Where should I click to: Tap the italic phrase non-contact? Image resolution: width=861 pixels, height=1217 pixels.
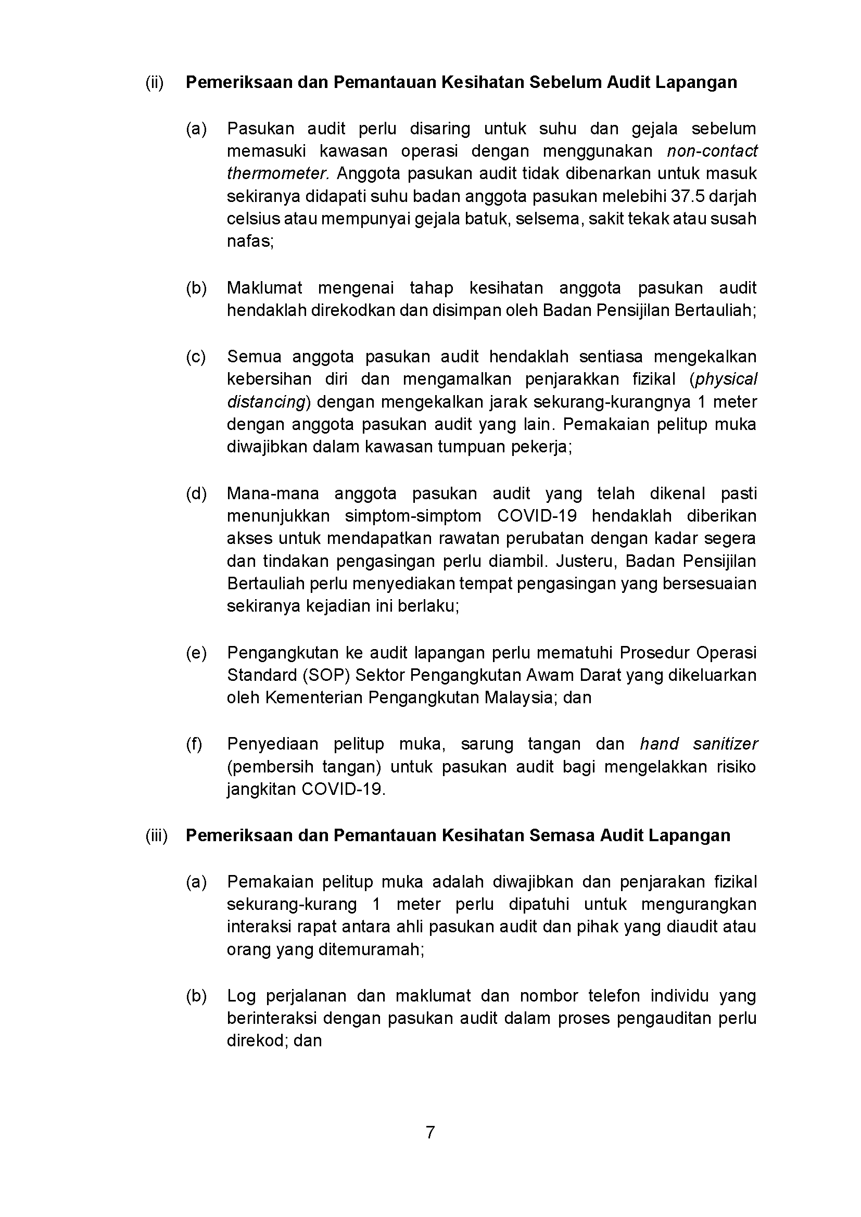click(x=712, y=151)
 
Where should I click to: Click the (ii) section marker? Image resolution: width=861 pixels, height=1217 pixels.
click(x=154, y=83)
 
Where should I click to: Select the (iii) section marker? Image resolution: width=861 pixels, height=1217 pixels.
click(x=156, y=836)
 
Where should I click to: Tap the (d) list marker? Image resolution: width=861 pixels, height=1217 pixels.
click(x=196, y=494)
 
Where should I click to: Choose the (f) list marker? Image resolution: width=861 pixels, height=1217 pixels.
click(x=194, y=745)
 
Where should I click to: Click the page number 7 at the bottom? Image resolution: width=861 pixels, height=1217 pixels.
click(x=430, y=1133)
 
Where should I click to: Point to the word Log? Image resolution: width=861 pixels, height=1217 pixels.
click(x=240, y=996)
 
